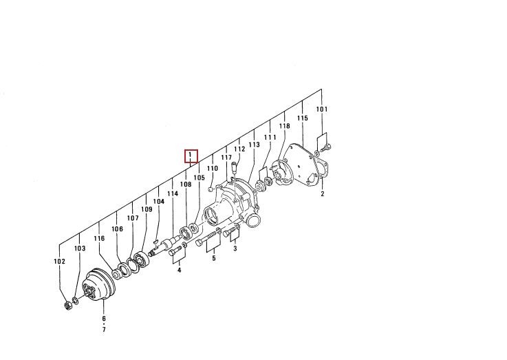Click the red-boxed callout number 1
[191, 156]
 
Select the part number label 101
[322, 109]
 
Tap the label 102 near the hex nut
[59, 262]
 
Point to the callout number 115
[302, 118]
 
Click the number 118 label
[285, 126]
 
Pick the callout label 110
[213, 168]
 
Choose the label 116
[99, 238]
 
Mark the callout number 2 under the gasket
[323, 193]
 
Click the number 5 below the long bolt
[214, 258]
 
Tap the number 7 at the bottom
[104, 330]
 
